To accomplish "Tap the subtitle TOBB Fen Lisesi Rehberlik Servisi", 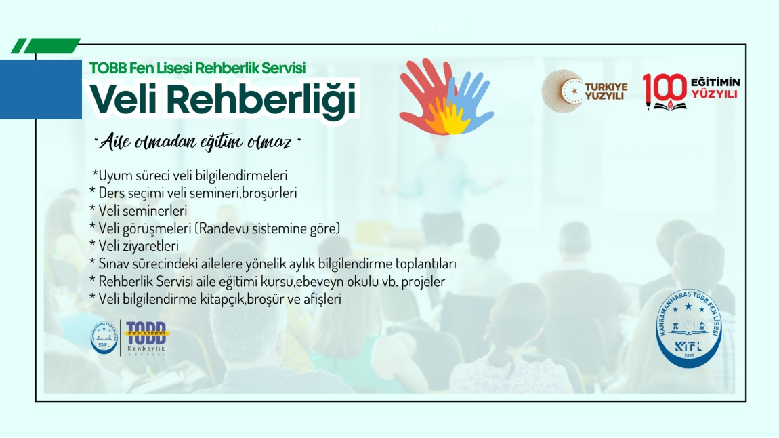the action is point(197,68).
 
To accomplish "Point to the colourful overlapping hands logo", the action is point(446,97).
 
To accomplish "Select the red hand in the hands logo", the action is point(421,92).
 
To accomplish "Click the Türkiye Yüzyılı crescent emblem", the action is point(563,91).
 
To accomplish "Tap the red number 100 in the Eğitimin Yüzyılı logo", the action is point(665,89).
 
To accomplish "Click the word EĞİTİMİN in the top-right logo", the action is point(715,82).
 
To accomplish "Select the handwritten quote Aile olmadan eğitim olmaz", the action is point(197,142).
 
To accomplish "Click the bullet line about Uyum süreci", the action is point(190,176).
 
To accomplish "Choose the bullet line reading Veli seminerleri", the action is point(138,211).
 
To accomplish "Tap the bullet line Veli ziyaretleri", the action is point(134,246).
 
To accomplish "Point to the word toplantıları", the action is point(426,264).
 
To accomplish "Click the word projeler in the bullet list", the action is point(423,282).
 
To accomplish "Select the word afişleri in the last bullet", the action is point(322,299).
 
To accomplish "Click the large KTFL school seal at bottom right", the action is point(689,328).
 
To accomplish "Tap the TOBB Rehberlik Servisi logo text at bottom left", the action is point(146,338).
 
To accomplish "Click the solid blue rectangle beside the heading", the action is point(41,89).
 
